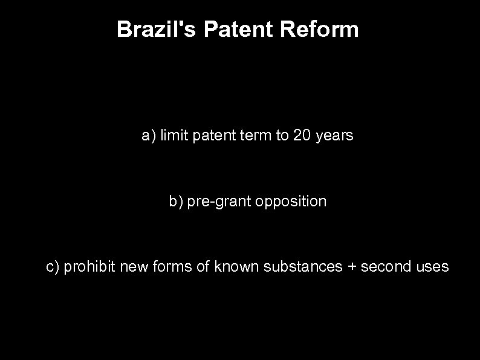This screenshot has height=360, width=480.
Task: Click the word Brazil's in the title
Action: (157, 29)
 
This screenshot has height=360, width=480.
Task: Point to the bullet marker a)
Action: (149, 136)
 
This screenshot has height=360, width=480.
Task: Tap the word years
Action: (334, 137)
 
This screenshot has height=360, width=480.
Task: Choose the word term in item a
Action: (257, 136)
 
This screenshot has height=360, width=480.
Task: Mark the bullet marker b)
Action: (176, 201)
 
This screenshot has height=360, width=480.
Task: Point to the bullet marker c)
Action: (53, 266)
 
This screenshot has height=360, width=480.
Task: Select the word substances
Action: (303, 266)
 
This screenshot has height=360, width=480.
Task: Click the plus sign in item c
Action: (352, 267)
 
